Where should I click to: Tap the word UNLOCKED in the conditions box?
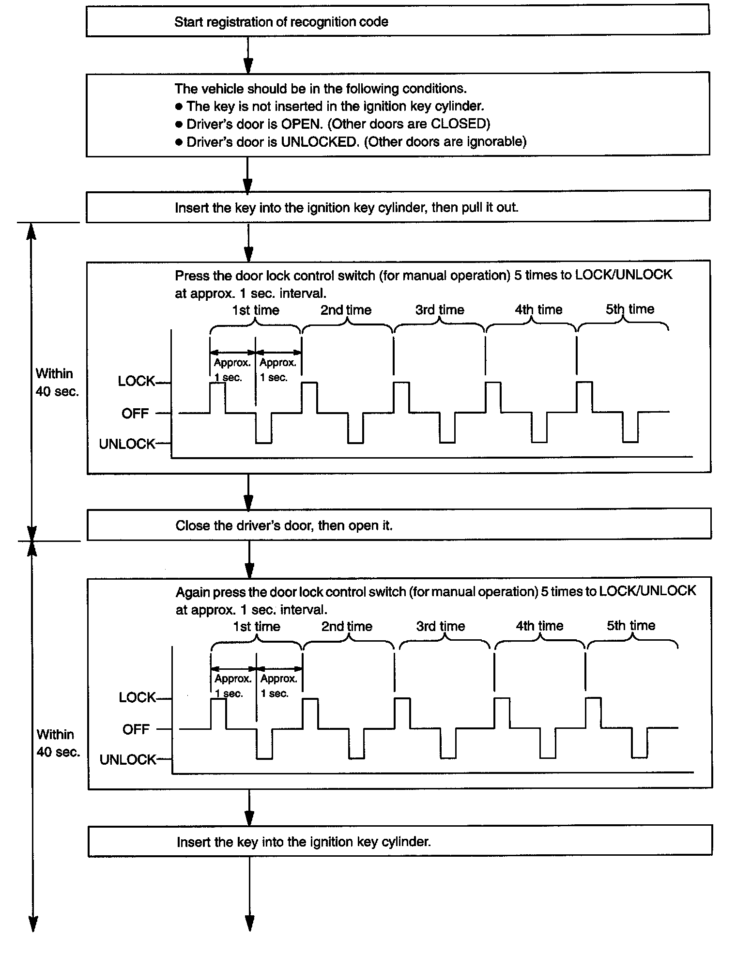click(x=319, y=142)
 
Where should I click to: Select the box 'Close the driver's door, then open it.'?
click(x=399, y=525)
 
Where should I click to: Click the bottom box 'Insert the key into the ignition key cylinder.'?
click(x=400, y=842)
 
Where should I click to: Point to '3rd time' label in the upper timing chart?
click(x=440, y=310)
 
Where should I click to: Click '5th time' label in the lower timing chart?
click(x=631, y=625)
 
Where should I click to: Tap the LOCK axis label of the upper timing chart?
click(x=136, y=382)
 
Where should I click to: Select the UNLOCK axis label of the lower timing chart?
click(x=128, y=759)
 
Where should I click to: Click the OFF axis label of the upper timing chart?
click(x=135, y=414)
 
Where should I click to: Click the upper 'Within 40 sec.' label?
click(x=57, y=383)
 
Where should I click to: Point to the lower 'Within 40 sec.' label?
click(x=58, y=743)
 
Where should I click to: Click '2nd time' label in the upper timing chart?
click(x=346, y=310)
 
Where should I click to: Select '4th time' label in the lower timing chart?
click(x=539, y=626)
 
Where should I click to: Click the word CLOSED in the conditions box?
click(x=458, y=124)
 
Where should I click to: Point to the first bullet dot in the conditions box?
click(x=179, y=107)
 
